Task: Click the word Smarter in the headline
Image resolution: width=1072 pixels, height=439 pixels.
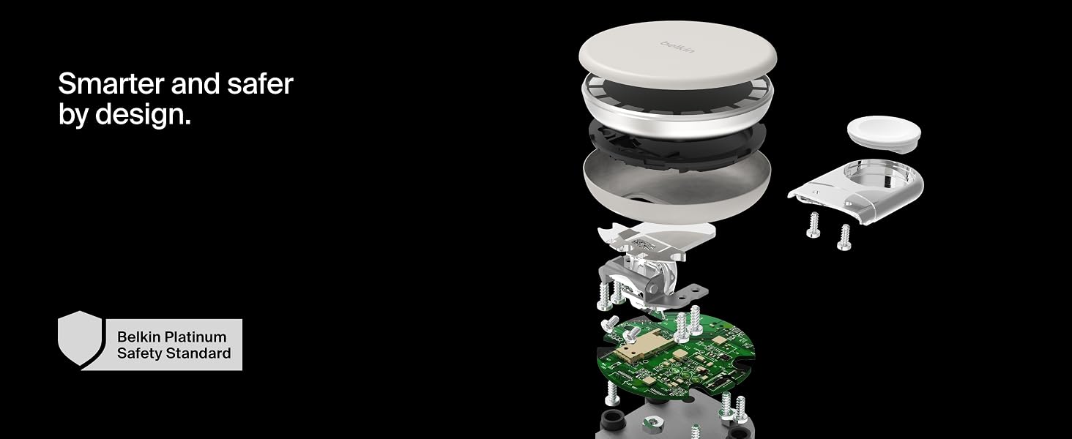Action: click(111, 83)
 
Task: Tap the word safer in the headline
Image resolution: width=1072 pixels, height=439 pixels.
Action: click(260, 83)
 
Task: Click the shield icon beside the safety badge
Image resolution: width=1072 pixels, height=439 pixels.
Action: click(81, 339)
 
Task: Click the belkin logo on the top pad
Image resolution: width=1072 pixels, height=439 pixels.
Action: click(677, 47)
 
